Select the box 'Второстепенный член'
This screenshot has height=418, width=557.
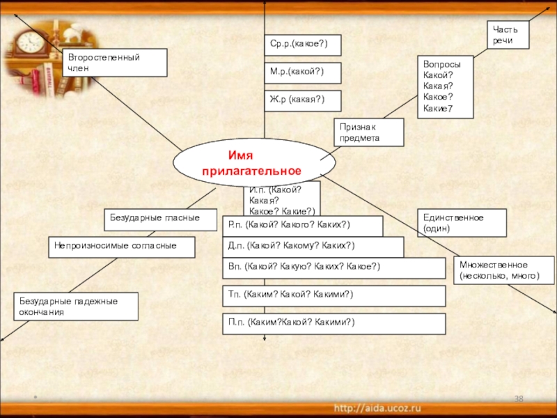tap(115, 62)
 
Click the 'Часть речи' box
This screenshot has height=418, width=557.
tap(508, 34)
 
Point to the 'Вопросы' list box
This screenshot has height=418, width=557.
tap(445, 86)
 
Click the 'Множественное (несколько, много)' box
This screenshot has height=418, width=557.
tap(504, 270)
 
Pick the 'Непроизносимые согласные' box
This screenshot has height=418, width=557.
tap(121, 247)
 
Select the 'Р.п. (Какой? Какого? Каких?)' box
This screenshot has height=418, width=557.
tap(302, 226)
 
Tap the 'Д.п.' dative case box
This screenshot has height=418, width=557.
tap(313, 247)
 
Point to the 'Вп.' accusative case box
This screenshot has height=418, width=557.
tap(334, 268)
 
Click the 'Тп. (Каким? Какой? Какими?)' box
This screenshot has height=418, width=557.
tap(334, 295)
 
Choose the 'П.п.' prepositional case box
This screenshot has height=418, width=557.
tap(334, 323)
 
